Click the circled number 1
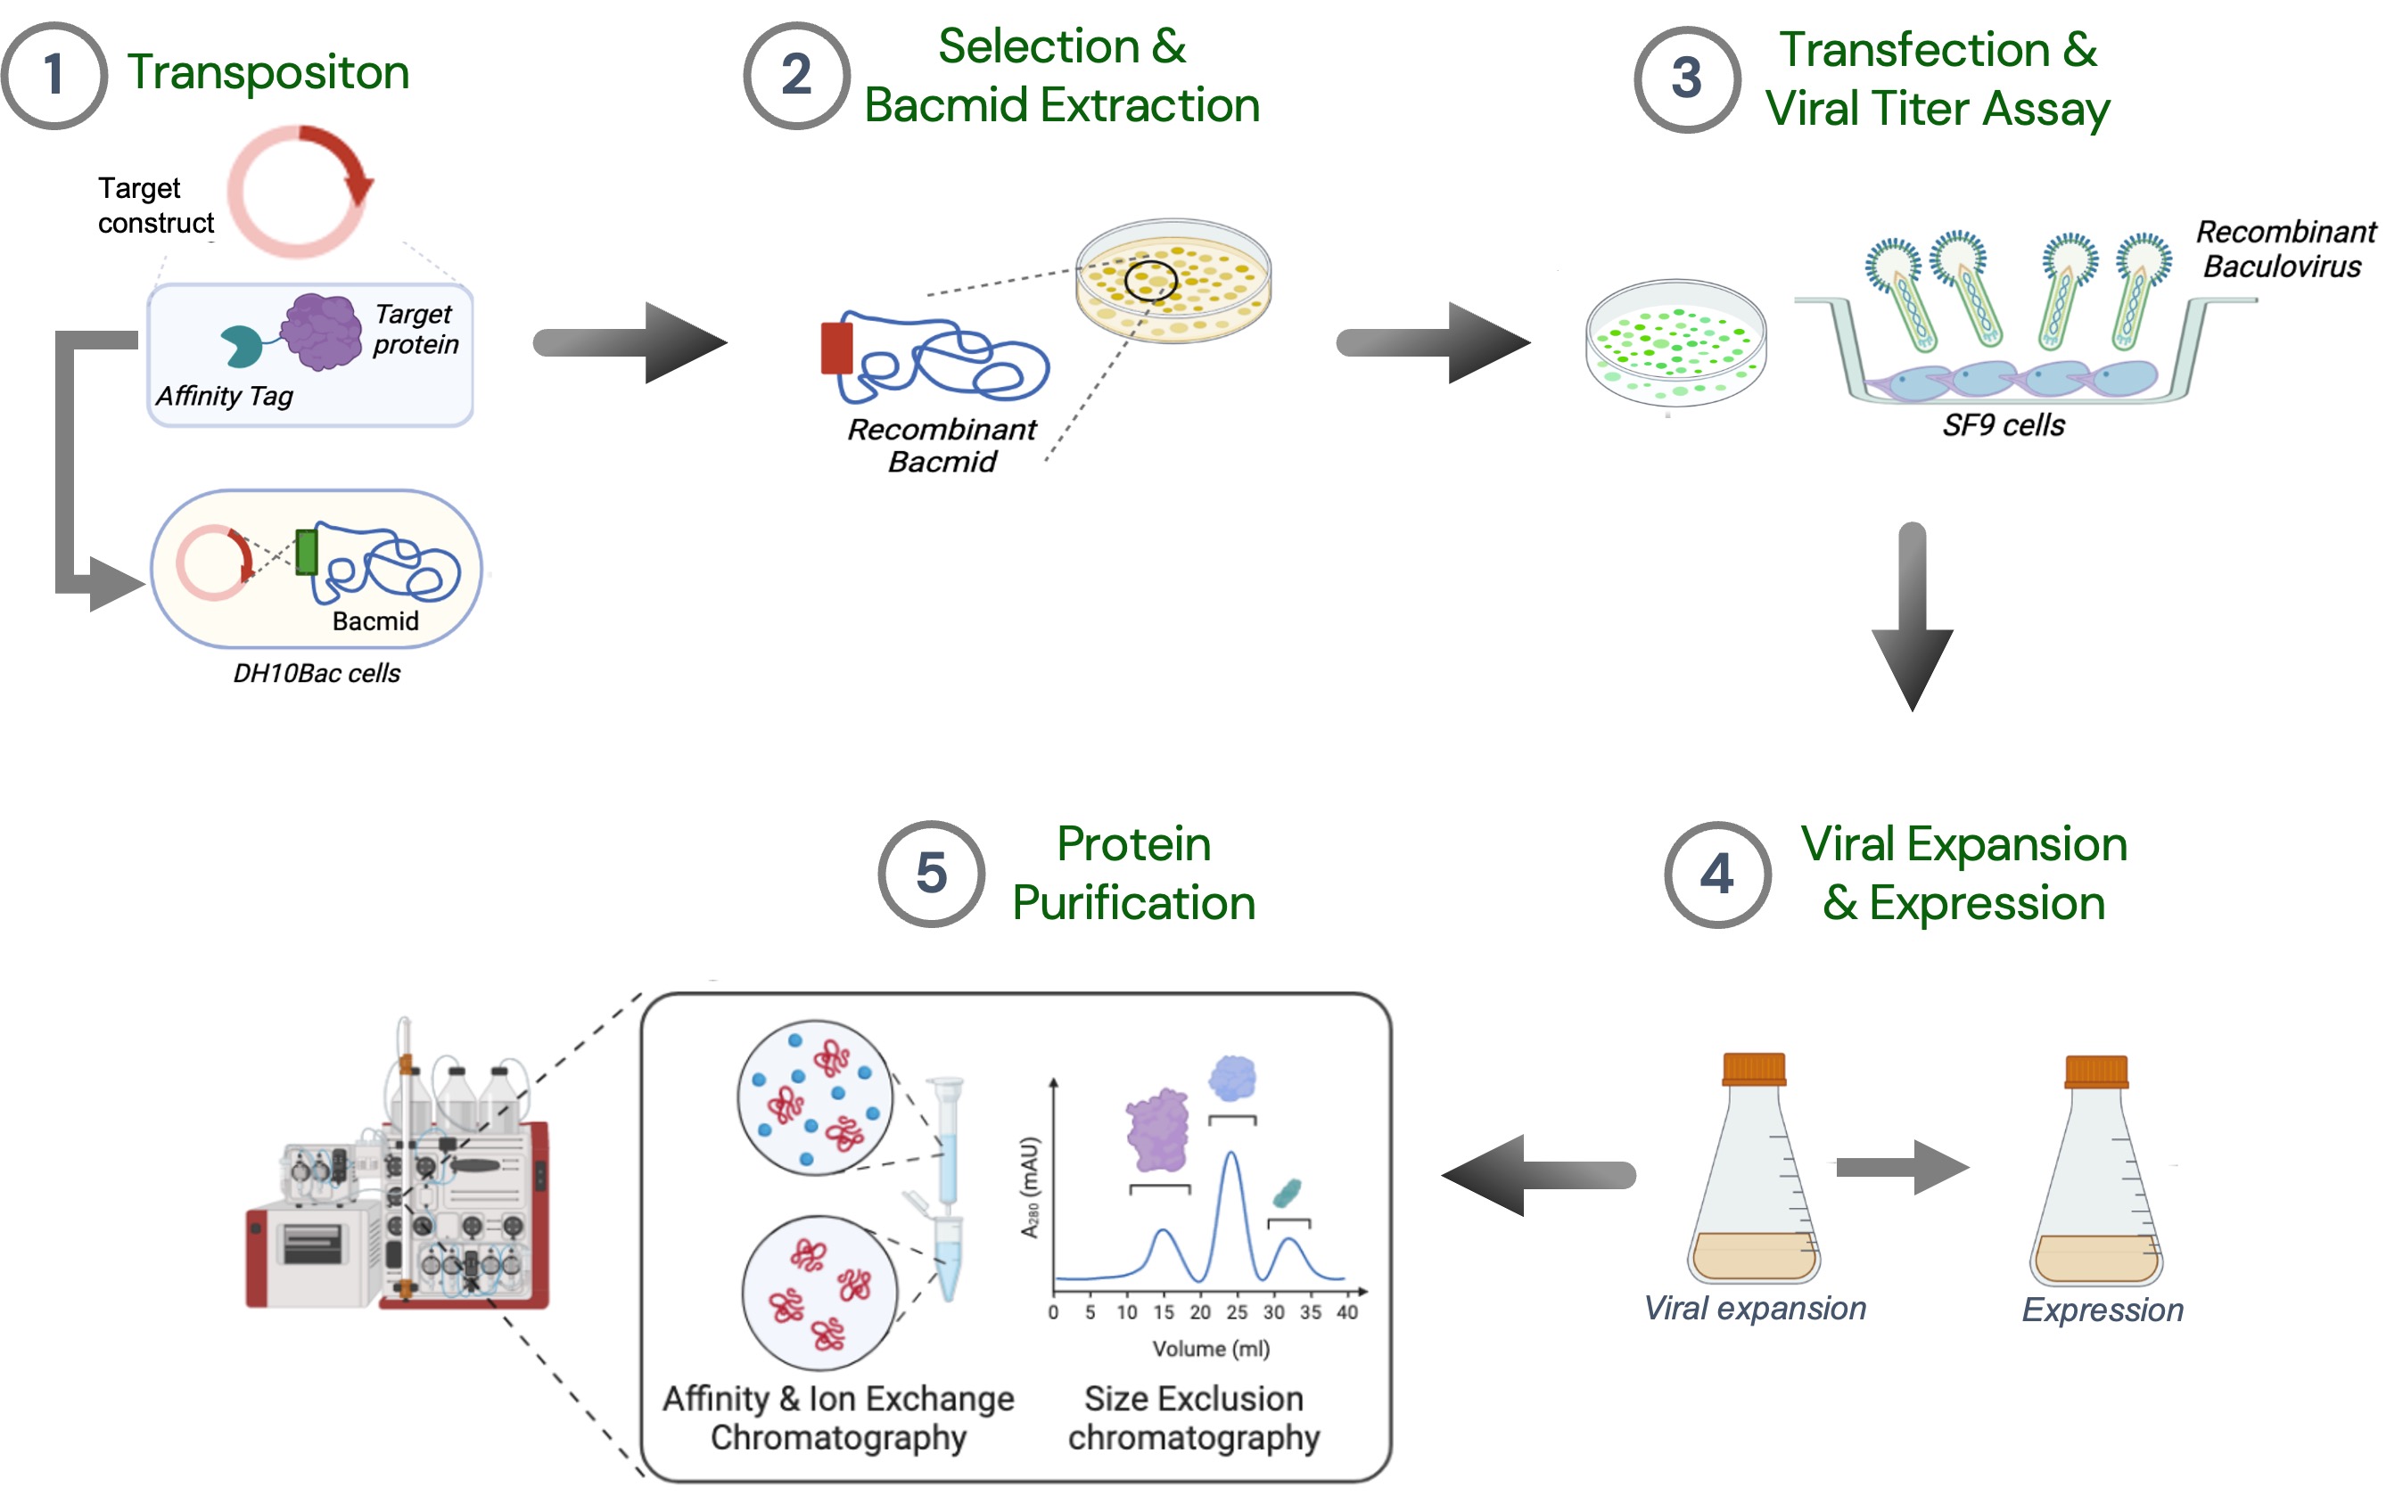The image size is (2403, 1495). point(53,75)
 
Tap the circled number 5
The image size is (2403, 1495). point(931,874)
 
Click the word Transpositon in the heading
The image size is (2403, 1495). point(268,72)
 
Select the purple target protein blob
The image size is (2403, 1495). point(321,332)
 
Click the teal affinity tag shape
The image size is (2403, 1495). point(241,346)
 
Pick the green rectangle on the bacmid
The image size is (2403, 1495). point(307,553)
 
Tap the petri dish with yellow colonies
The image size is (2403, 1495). point(1173,281)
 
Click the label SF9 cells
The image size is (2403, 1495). point(2003,425)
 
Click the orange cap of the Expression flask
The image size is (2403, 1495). point(2095,1072)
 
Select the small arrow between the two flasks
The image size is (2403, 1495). point(1901,1168)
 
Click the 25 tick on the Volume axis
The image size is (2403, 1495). point(1236,1312)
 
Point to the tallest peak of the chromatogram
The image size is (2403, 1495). point(1231,1154)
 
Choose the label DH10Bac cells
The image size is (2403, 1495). point(317,673)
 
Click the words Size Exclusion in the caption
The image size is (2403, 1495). point(1194,1399)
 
